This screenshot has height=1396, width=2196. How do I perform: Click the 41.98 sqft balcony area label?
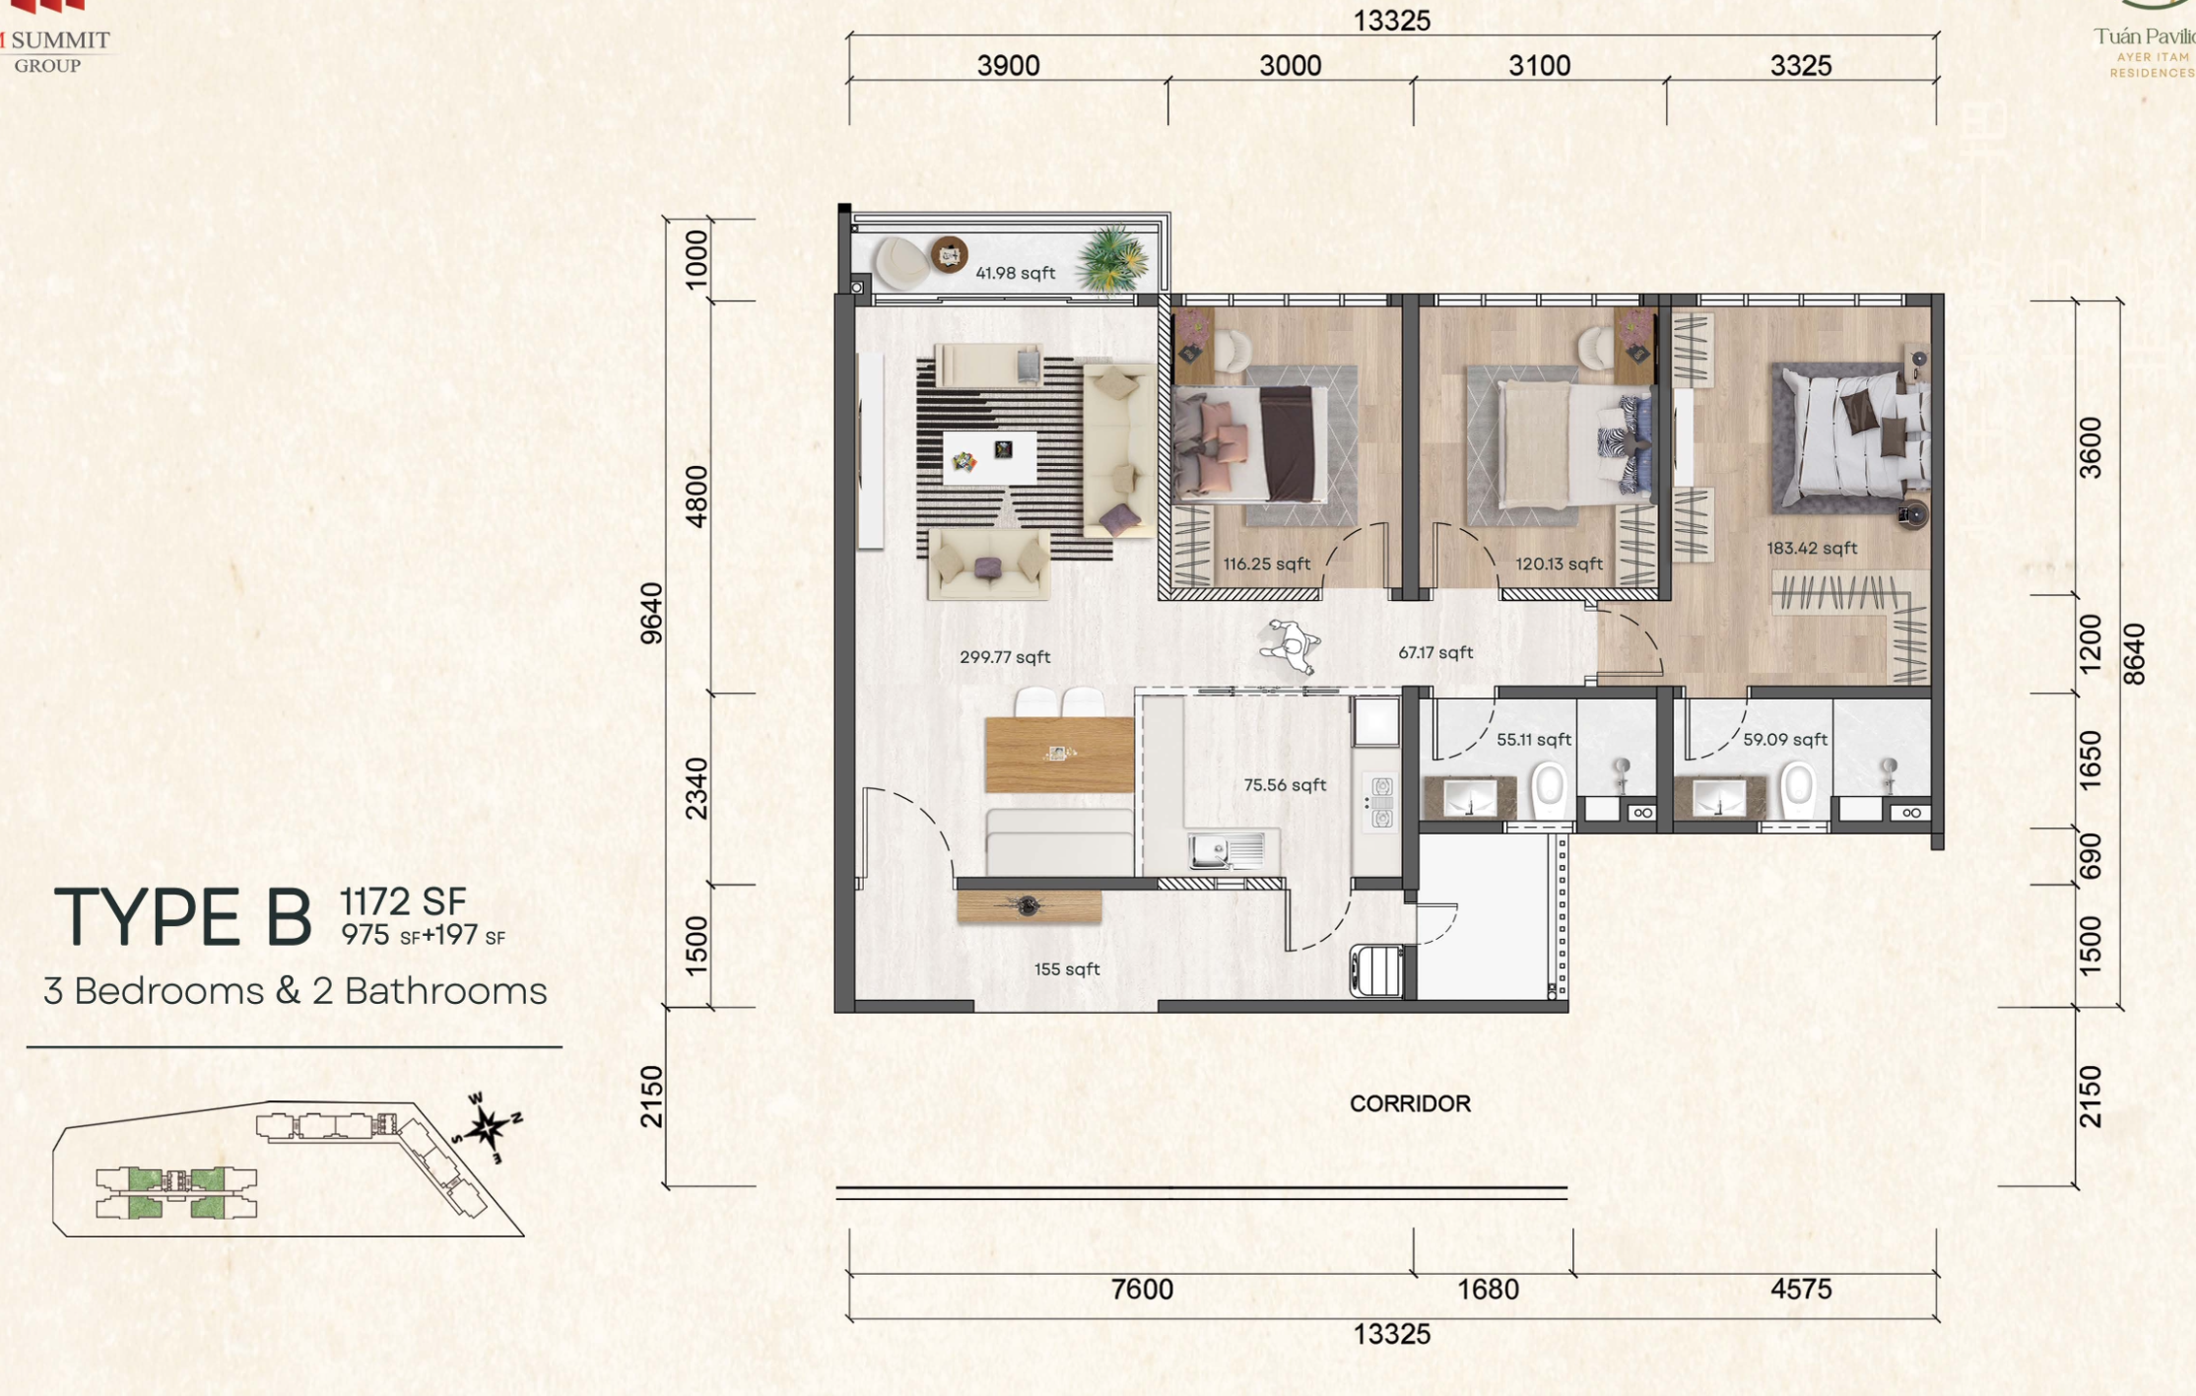(1015, 273)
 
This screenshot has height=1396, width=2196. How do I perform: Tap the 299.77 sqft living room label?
(1005, 657)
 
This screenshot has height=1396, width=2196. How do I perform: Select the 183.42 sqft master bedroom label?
(1812, 548)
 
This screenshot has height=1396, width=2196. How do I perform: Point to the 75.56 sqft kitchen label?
(1285, 785)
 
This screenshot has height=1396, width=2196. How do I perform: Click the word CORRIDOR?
(1410, 1103)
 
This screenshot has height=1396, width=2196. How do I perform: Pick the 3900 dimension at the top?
(1008, 66)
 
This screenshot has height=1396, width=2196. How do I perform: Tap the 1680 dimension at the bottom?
(1488, 1290)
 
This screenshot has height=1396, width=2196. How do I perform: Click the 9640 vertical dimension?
(651, 614)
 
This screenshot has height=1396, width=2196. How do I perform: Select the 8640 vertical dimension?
(2134, 654)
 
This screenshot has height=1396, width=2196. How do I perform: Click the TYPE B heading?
(182, 918)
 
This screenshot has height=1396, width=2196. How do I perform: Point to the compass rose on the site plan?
(487, 1127)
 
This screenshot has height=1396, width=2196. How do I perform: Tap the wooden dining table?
(1059, 755)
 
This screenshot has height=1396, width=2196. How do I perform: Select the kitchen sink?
(1226, 849)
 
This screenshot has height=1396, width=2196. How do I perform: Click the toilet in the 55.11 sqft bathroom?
(1550, 790)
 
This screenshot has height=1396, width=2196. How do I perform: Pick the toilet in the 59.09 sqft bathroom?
(1798, 790)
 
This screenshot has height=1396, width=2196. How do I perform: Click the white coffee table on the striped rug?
(989, 457)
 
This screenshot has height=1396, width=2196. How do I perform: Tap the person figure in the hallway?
(1290, 646)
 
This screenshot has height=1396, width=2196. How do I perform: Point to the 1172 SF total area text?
(402, 900)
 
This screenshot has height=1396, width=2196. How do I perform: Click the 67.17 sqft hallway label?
(1435, 652)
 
